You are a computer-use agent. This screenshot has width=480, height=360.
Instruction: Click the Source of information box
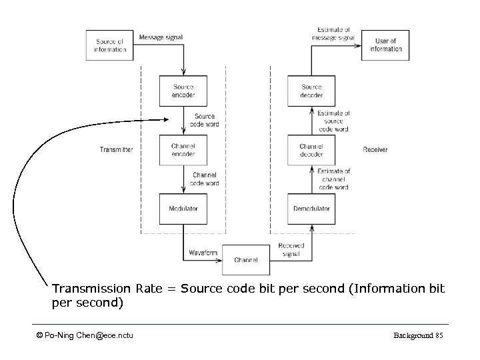[x=109, y=45]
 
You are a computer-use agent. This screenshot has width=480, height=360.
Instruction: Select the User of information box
[x=385, y=45]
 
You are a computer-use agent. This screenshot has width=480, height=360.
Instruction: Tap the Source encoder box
[x=183, y=91]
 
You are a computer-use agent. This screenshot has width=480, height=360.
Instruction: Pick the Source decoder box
[x=311, y=91]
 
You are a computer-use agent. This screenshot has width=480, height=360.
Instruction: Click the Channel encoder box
[x=183, y=150]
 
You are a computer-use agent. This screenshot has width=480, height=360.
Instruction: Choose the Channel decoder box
[x=311, y=150]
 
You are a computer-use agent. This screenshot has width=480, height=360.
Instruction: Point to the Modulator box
[x=183, y=209]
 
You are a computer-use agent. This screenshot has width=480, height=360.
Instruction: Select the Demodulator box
[x=311, y=209]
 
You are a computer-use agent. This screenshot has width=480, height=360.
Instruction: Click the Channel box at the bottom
[x=246, y=260]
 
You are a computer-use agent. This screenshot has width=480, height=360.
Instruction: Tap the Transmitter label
[x=116, y=150]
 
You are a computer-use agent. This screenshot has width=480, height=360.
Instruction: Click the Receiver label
[x=375, y=150]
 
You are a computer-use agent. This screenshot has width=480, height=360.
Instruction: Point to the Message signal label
[x=160, y=37]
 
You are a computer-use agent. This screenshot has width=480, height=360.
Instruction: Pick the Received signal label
[x=291, y=249]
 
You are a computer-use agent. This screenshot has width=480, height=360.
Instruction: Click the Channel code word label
[x=204, y=179]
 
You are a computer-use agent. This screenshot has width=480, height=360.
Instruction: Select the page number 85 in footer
[x=438, y=335]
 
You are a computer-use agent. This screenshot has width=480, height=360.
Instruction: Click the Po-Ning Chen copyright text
[x=85, y=335]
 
